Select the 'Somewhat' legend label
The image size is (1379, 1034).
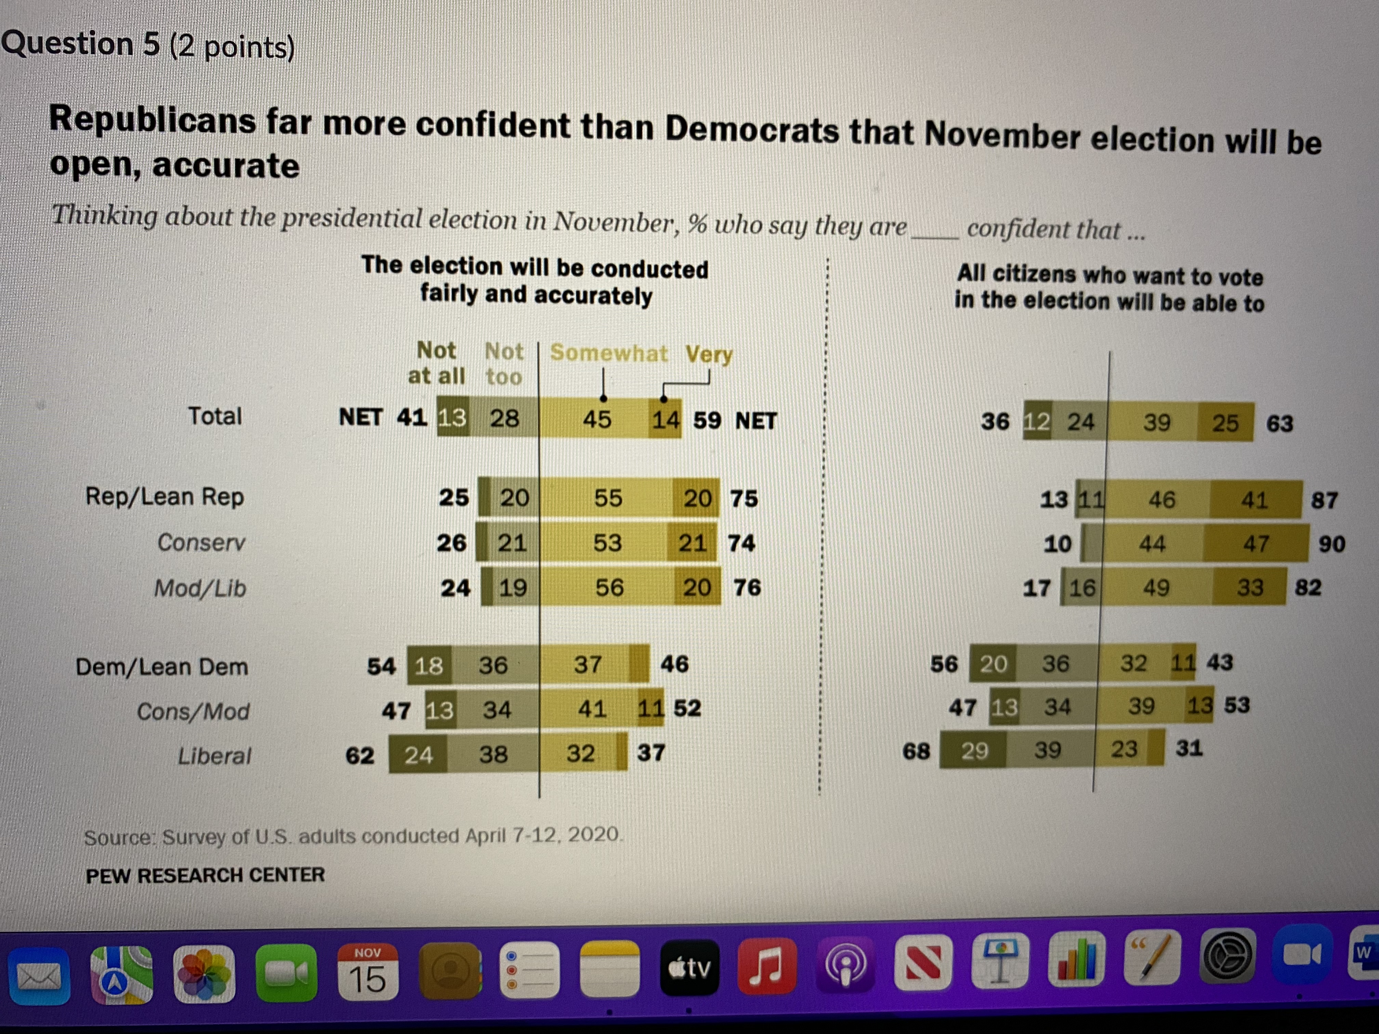pos(608,353)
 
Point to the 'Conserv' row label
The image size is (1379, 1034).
pos(201,542)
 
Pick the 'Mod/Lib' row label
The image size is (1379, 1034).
pos(200,588)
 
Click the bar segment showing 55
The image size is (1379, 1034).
pos(607,498)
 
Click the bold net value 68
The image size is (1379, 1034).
pos(916,751)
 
